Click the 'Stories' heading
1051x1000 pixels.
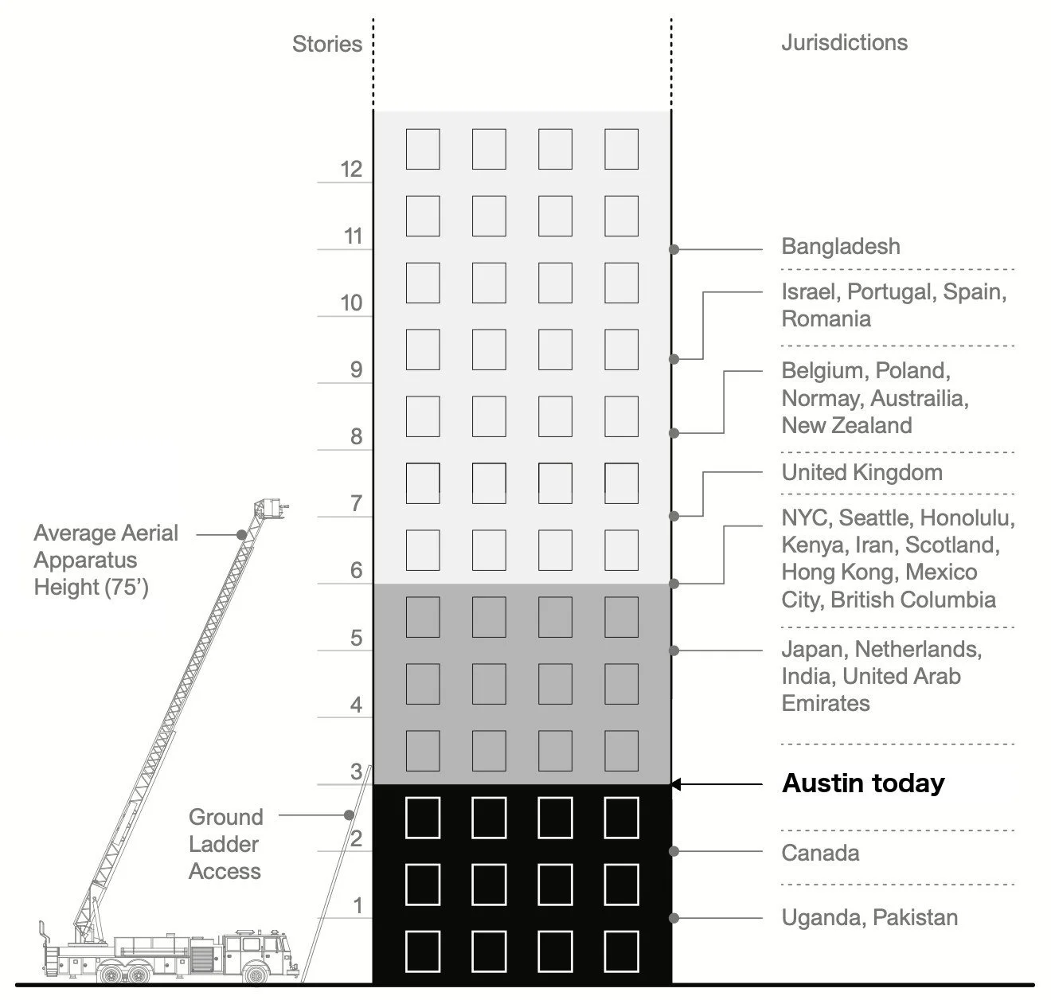click(x=326, y=44)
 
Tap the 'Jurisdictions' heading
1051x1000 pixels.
click(x=844, y=42)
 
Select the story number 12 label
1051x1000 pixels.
click(x=351, y=169)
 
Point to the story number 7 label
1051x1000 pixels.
click(x=356, y=503)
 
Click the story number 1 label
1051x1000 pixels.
click(x=357, y=905)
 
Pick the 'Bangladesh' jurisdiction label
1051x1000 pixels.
click(x=841, y=247)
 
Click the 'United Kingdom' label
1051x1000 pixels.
click(x=862, y=472)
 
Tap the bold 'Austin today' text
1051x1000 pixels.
click(x=863, y=783)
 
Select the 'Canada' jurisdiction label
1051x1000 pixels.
click(x=820, y=853)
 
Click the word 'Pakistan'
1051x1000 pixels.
click(x=915, y=917)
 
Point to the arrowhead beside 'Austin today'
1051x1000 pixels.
click(x=675, y=784)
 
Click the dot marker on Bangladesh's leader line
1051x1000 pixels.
click(x=674, y=249)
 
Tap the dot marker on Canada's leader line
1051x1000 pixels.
click(x=674, y=851)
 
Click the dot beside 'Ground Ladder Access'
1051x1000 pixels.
click(x=349, y=815)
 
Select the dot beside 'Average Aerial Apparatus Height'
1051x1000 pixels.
click(x=241, y=535)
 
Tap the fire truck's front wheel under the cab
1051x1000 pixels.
click(x=256, y=973)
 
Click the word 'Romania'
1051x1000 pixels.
click(x=826, y=319)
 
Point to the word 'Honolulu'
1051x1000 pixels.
click(x=967, y=518)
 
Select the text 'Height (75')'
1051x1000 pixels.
click(x=91, y=588)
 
